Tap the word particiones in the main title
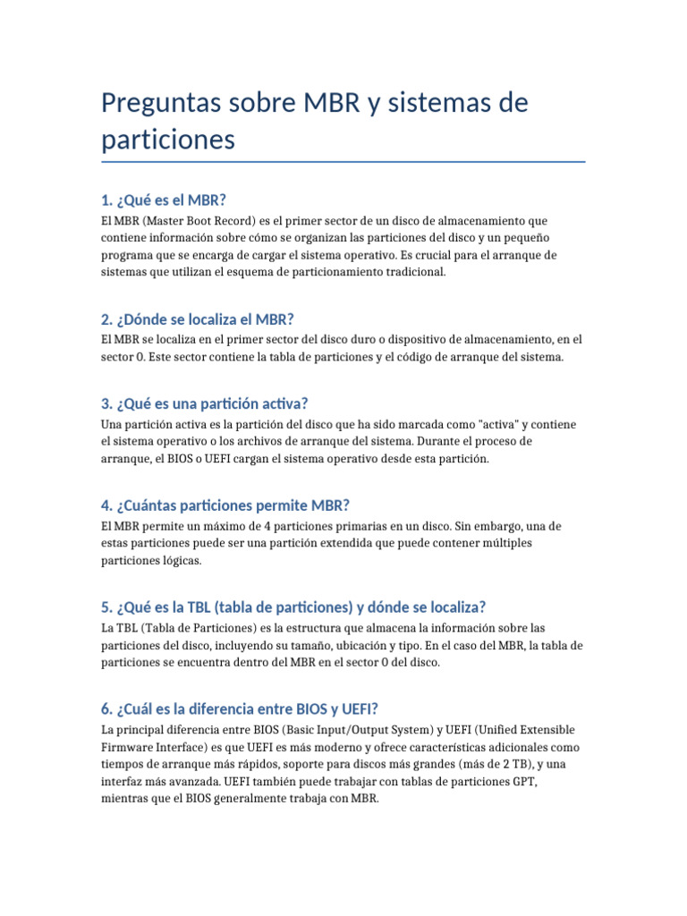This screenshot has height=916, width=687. (168, 140)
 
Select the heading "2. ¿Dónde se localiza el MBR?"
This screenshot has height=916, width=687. (198, 319)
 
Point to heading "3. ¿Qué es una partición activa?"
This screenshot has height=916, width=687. (205, 403)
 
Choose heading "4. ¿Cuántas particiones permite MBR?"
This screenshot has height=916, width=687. (225, 505)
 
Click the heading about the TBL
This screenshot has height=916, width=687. (293, 607)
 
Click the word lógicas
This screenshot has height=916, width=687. (182, 561)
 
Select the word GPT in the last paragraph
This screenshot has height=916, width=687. (522, 781)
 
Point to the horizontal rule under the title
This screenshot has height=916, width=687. (343, 162)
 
